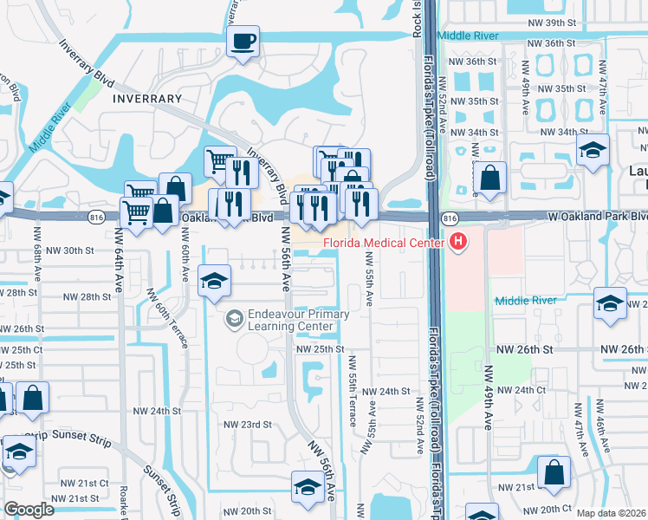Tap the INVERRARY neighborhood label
pyautogui.click(x=146, y=99)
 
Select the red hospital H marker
pyautogui.click(x=457, y=243)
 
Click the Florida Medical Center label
pyautogui.click(x=384, y=243)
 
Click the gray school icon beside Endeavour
pyautogui.click(x=233, y=320)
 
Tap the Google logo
pyautogui.click(x=29, y=510)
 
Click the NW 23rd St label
pyautogui.click(x=248, y=425)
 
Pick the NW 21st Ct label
pyautogui.click(x=84, y=482)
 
